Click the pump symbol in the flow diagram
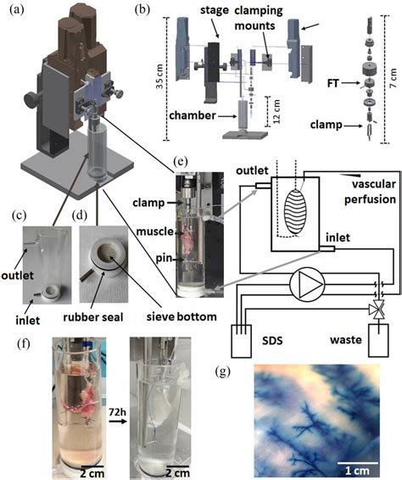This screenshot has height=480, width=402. point(307,283)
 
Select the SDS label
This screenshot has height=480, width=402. point(272,340)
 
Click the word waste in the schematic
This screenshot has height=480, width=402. point(346,340)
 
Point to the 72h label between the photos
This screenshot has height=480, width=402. point(118,412)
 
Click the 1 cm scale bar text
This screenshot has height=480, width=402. point(357,471)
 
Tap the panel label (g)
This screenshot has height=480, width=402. point(222,371)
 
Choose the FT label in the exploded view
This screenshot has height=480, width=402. point(332,83)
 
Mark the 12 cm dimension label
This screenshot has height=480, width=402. point(276,111)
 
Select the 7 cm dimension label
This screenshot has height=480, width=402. point(394,79)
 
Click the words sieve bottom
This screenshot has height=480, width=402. point(181,316)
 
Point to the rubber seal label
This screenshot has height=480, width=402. point(93,317)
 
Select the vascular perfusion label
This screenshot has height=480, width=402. point(370,192)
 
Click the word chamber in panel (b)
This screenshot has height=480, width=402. point(193,115)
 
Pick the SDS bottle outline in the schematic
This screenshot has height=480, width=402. point(241,341)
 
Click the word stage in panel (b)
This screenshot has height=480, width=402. point(215,11)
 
